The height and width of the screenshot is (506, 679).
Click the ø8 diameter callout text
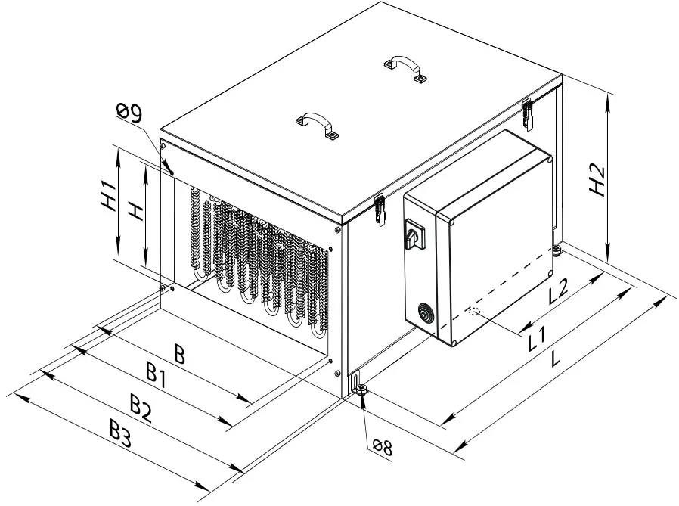click(381, 447)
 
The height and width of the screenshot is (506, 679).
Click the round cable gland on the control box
click(424, 312)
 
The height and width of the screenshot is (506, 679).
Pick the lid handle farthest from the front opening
click(405, 67)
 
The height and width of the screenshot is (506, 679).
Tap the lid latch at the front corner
click(380, 209)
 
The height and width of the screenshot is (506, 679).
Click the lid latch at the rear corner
click(527, 113)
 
